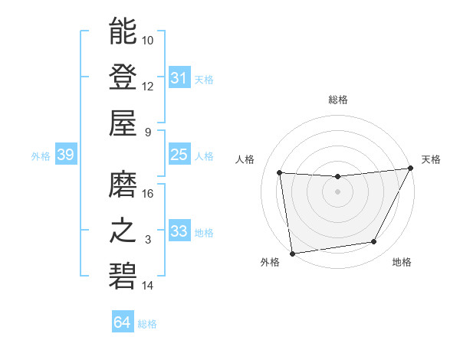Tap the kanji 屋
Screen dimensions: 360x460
point(123,122)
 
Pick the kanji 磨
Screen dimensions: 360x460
point(123,184)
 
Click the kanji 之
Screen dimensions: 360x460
point(123,230)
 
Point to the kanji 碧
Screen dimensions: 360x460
point(123,276)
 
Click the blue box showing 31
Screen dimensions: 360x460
point(179,78)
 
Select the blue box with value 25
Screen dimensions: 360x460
point(179,155)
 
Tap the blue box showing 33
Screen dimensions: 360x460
point(179,231)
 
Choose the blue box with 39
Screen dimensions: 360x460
point(65,155)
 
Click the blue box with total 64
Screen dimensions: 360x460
point(122,322)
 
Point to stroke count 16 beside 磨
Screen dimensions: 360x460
point(148,194)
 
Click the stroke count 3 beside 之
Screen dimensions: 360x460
point(148,240)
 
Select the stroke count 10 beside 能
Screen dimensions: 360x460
point(148,40)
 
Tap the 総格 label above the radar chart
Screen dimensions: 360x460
point(337,100)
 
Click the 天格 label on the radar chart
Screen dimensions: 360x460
point(431,159)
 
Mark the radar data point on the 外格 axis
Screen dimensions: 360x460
point(291,253)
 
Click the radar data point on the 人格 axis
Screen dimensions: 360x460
point(280,173)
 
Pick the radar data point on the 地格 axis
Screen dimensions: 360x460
point(374,242)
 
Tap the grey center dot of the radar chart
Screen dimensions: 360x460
point(337,191)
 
